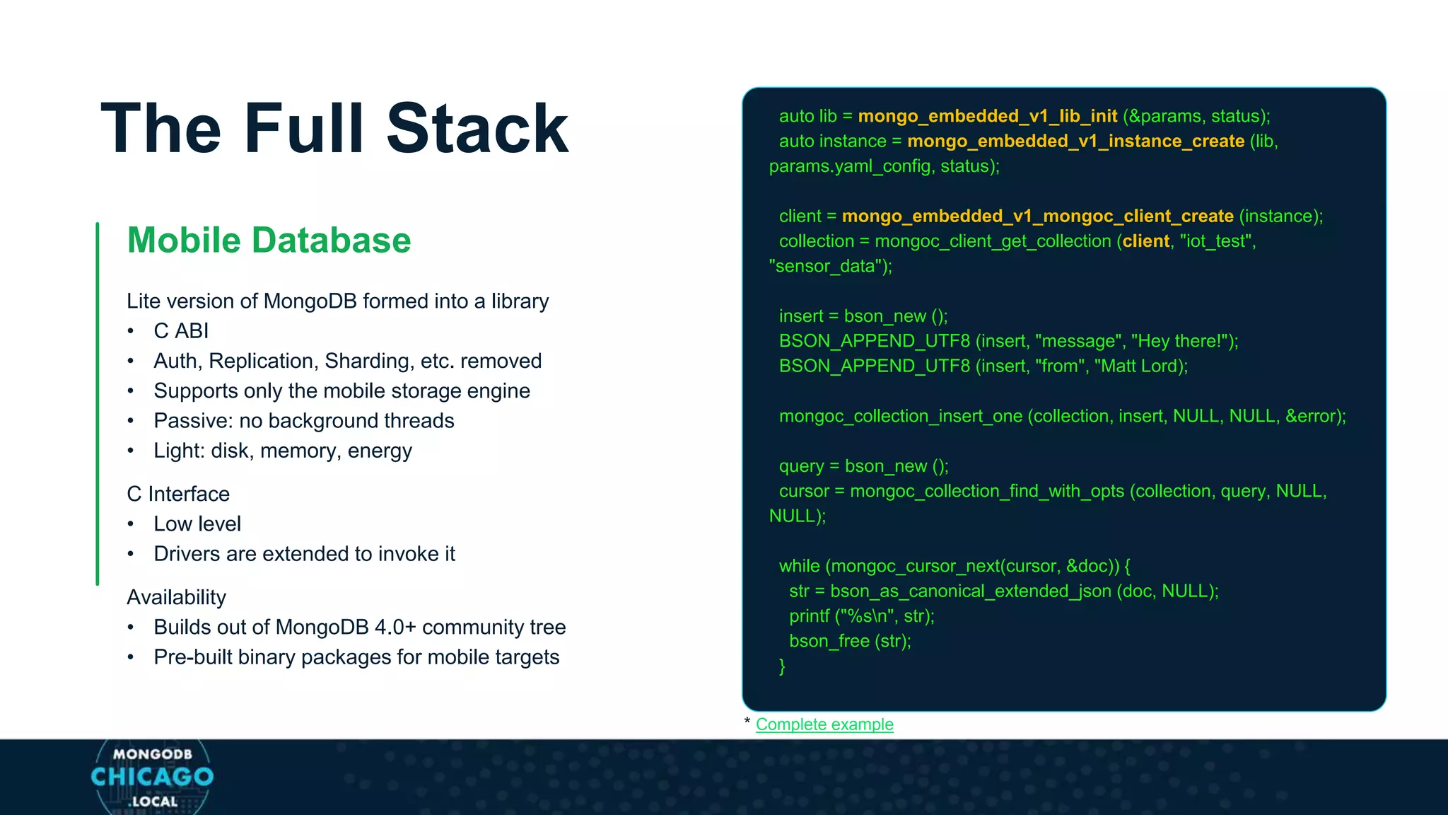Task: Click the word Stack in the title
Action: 477,129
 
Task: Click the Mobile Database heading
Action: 269,240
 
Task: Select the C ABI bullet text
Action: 181,330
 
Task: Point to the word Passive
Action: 192,421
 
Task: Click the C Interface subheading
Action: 178,494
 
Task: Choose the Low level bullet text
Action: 197,524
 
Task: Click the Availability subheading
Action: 176,597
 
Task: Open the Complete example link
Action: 824,724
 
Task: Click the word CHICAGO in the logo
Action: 152,777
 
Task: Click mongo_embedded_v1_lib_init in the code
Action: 987,116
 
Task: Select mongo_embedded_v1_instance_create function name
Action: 1075,141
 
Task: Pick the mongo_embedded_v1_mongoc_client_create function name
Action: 1037,216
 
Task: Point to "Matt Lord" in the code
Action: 1138,366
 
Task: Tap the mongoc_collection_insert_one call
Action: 900,416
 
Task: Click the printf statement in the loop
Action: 861,616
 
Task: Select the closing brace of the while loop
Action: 782,666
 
